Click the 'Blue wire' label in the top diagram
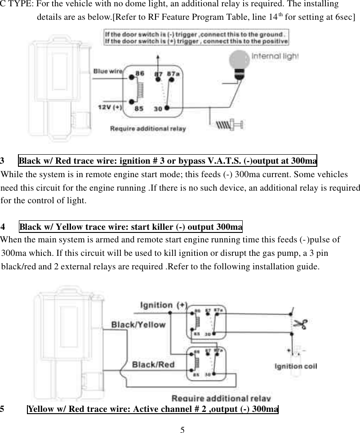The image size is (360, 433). click(108, 71)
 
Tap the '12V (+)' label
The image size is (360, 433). click(110, 107)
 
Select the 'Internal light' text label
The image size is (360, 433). click(275, 57)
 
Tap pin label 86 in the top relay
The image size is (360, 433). click(140, 73)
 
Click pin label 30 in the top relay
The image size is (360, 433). click(158, 108)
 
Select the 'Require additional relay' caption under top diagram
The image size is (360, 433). click(148, 129)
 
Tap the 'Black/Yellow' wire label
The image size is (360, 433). click(138, 325)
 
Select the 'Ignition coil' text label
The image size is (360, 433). click(296, 366)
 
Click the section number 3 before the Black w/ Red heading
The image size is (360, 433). click(3, 161)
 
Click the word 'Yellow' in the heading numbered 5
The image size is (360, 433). click(40, 409)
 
